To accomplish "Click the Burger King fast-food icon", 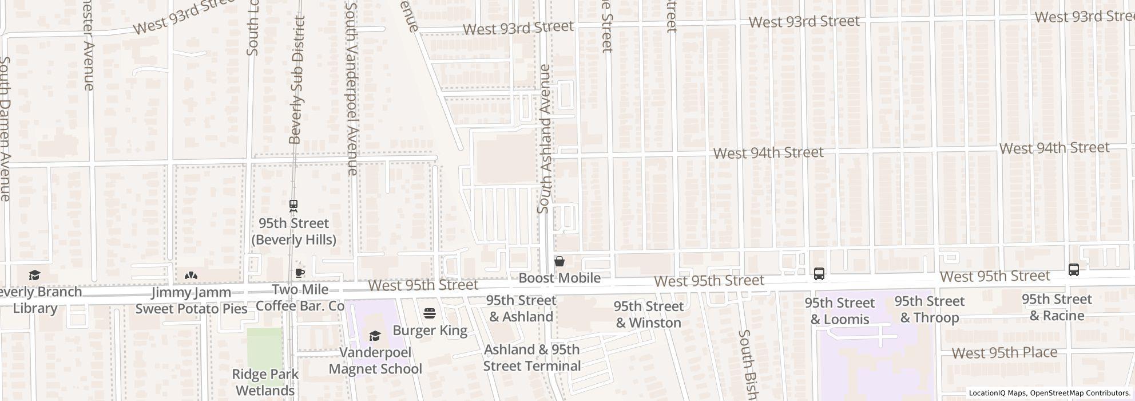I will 430,313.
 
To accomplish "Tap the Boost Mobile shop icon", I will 559,261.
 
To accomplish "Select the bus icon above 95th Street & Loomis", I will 819,274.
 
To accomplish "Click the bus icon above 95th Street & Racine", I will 1073,270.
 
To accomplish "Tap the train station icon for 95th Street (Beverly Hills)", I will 293,205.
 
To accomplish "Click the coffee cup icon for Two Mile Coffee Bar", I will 299,273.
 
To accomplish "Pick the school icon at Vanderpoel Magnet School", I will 375,336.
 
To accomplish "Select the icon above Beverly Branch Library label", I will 34,276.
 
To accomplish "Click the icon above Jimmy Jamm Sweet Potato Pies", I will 191,276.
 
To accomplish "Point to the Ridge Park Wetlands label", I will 265,383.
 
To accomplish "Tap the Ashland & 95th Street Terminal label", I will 531,357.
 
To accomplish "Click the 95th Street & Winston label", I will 648,314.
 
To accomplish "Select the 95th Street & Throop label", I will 929,309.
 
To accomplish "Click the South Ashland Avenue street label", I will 544,139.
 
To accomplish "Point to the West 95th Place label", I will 1004,352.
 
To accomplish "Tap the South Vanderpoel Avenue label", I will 352,86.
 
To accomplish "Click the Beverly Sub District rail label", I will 296,80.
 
